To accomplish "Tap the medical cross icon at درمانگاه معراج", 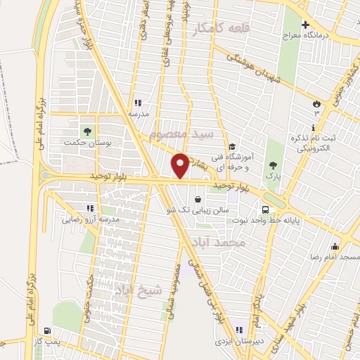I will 304,25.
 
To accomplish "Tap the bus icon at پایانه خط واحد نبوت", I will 265,209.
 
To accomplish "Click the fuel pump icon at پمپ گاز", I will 47,330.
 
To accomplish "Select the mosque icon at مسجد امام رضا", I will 335,246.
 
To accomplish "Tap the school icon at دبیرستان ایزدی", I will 238,330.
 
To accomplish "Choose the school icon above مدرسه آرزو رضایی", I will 89,207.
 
